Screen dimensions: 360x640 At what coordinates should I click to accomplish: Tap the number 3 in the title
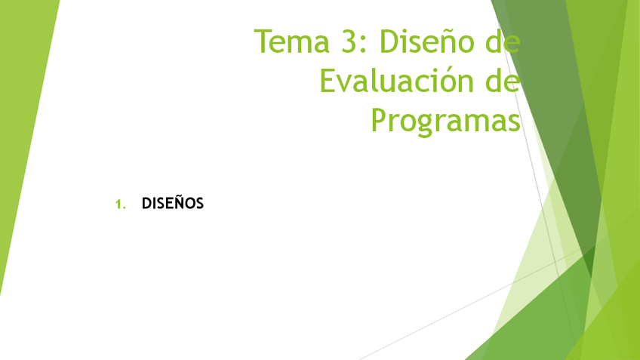350,42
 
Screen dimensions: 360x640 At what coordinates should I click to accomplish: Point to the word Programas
445,119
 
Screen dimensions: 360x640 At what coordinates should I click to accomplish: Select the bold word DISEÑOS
173,203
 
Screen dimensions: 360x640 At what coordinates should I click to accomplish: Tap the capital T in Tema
262,42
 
